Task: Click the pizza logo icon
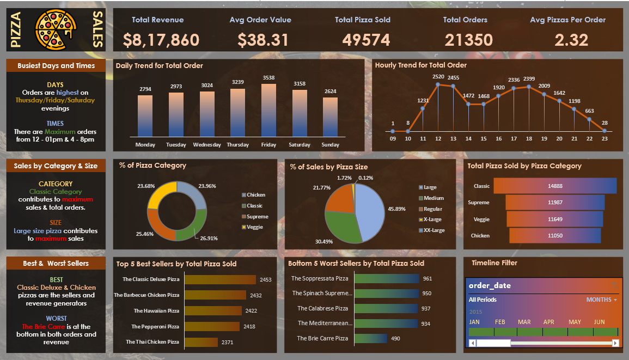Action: [56, 30]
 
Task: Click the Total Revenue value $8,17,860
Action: [161, 40]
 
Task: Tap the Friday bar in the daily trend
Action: [268, 109]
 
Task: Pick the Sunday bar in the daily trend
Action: [330, 117]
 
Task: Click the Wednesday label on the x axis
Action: [207, 145]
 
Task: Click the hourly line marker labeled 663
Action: [589, 119]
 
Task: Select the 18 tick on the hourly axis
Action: [528, 139]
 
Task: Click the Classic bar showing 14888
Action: [554, 186]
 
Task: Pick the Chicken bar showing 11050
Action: [554, 235]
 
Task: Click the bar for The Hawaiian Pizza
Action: [213, 310]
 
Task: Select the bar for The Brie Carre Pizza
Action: [371, 338]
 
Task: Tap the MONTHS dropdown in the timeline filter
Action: [601, 300]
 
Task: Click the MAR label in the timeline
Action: [524, 322]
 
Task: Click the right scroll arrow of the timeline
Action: [615, 343]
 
